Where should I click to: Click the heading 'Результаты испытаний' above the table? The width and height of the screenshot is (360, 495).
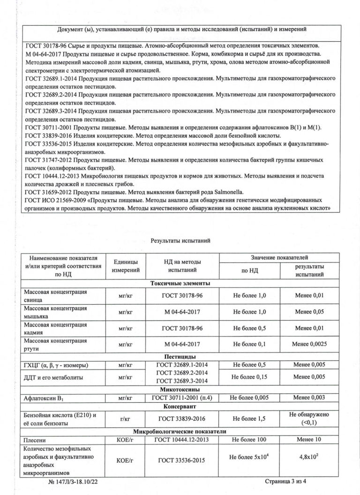(180, 240)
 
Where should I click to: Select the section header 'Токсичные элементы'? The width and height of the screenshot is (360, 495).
(180, 283)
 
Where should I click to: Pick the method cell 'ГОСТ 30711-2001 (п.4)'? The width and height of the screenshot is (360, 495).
(180, 397)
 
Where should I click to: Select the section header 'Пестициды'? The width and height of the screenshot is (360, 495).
(180, 357)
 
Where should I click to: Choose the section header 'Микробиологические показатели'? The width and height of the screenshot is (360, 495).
(180, 431)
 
